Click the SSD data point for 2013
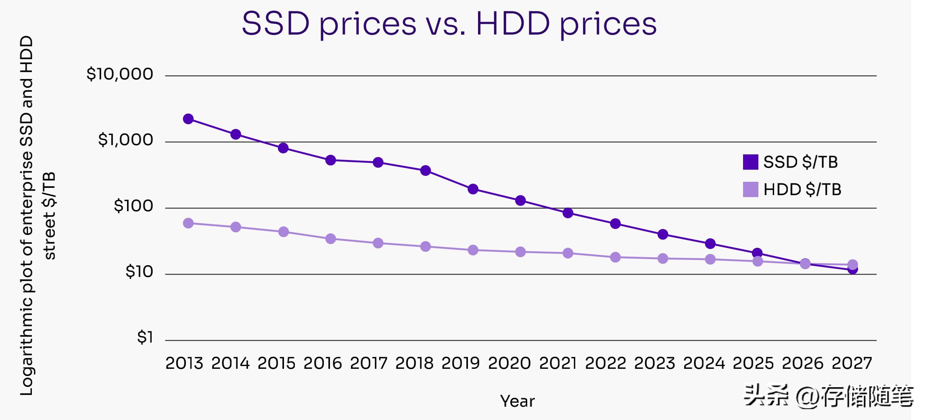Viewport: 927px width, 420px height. click(188, 119)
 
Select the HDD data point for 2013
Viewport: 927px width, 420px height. click(188, 223)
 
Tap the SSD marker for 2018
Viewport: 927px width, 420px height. click(426, 170)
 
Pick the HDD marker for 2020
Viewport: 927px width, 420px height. click(520, 252)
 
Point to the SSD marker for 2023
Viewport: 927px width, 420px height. click(663, 235)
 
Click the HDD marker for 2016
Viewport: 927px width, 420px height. click(331, 239)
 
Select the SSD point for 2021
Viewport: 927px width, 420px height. click(568, 213)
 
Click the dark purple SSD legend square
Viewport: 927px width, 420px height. click(750, 162)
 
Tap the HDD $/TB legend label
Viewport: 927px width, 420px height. click(802, 189)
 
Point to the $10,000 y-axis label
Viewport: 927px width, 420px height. click(120, 74)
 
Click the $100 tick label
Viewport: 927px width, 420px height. click(134, 206)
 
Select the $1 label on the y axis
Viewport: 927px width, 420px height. click(145, 337)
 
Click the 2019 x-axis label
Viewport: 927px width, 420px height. click(460, 363)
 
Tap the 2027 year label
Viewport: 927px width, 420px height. click(852, 363)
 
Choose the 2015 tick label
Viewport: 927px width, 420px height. click(277, 363)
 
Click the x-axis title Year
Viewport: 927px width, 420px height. click(517, 401)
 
